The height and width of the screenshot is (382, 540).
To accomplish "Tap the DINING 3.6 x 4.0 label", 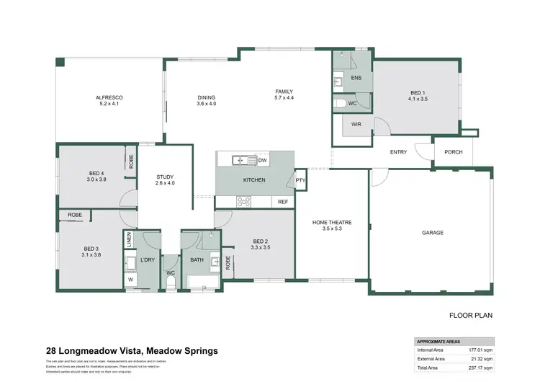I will click(x=207, y=101).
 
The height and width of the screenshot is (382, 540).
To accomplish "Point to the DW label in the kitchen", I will click(x=263, y=160).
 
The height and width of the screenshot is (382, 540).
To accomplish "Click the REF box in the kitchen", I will click(x=283, y=202).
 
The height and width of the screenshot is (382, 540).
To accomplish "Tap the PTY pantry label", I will click(x=300, y=181).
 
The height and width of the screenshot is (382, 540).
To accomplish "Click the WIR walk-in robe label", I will click(x=356, y=124).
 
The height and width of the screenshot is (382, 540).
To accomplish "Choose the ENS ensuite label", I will click(x=356, y=77).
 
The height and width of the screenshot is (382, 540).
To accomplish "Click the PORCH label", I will click(x=454, y=152).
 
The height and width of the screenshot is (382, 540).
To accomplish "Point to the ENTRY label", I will click(x=398, y=152).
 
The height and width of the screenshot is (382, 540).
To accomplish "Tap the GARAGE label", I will click(x=432, y=233).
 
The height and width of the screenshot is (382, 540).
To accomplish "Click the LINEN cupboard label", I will click(x=130, y=241).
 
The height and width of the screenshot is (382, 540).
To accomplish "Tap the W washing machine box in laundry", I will click(x=131, y=279).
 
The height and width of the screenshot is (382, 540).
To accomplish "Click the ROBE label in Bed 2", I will click(x=228, y=265).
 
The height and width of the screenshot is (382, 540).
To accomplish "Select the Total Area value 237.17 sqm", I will click(x=481, y=366).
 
